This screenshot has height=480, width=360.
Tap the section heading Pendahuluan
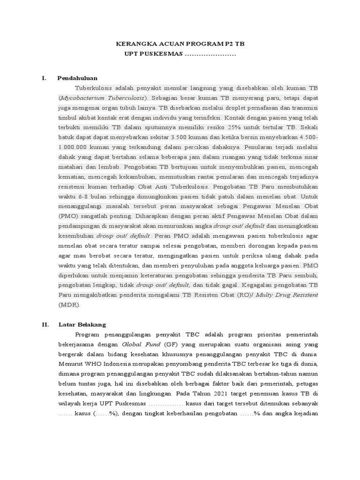[77, 78]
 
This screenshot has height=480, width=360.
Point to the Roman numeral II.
[45, 324]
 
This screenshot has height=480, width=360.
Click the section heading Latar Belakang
[82, 324]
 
